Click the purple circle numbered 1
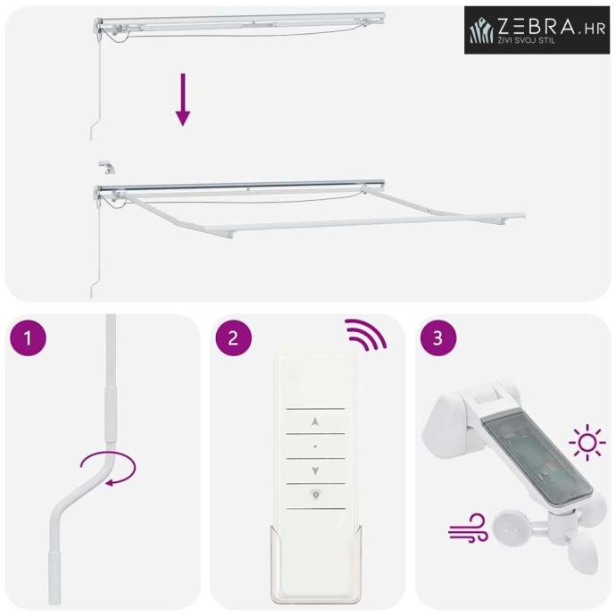(28, 337)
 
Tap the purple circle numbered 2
(233, 337)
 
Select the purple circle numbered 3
(438, 337)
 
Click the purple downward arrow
(183, 99)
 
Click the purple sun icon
(587, 442)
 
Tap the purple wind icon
(468, 528)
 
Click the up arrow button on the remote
(314, 422)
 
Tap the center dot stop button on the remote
(315, 446)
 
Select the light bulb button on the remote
(315, 495)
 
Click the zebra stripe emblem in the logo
(482, 30)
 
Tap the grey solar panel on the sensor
(537, 461)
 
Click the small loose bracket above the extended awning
(106, 166)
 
